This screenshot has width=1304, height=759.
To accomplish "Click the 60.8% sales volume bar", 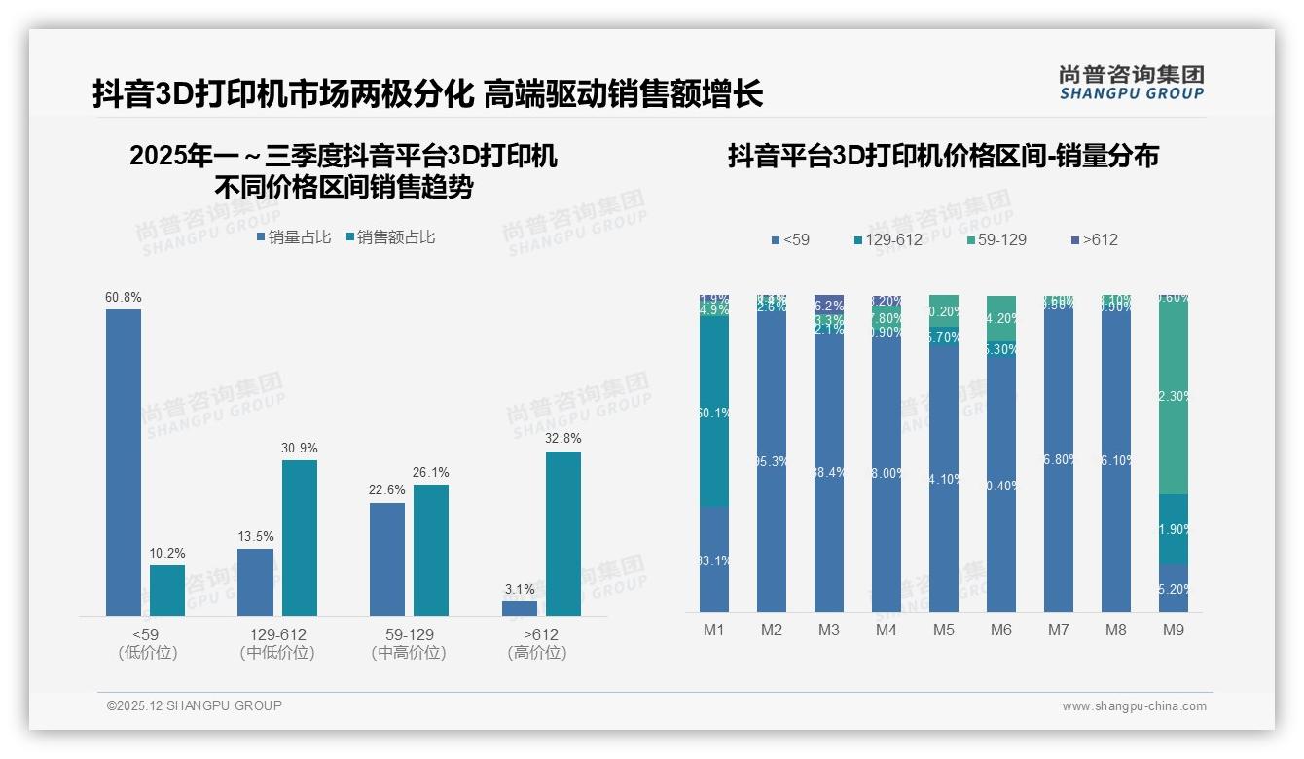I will point(124,462).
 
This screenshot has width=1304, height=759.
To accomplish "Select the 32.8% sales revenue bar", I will point(563,533).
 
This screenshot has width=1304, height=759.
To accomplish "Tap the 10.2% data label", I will point(166,554).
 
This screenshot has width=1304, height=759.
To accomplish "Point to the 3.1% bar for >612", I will point(520,608).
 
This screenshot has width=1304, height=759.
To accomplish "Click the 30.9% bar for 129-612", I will point(300,537).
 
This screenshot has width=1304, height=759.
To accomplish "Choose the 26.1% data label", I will point(430,473).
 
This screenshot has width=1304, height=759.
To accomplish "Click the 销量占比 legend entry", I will point(293,237).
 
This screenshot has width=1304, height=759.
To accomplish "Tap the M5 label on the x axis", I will point(943,631).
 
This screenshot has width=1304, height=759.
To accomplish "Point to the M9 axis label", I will point(1174,631).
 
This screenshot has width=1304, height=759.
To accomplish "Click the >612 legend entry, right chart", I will point(1094,240).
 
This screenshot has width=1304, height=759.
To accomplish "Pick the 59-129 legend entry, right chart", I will point(996,240).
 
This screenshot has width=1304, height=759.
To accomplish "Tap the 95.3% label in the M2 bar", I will point(772,461).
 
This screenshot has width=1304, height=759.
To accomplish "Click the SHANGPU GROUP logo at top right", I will point(1132,83).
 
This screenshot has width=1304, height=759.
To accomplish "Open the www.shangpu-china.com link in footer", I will point(1134,706).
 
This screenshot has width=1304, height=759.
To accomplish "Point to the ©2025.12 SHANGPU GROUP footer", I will point(195,705).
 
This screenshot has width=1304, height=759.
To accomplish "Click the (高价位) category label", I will point(537,653).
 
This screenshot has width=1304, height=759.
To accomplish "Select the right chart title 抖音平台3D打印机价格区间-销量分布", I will point(943,156).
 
